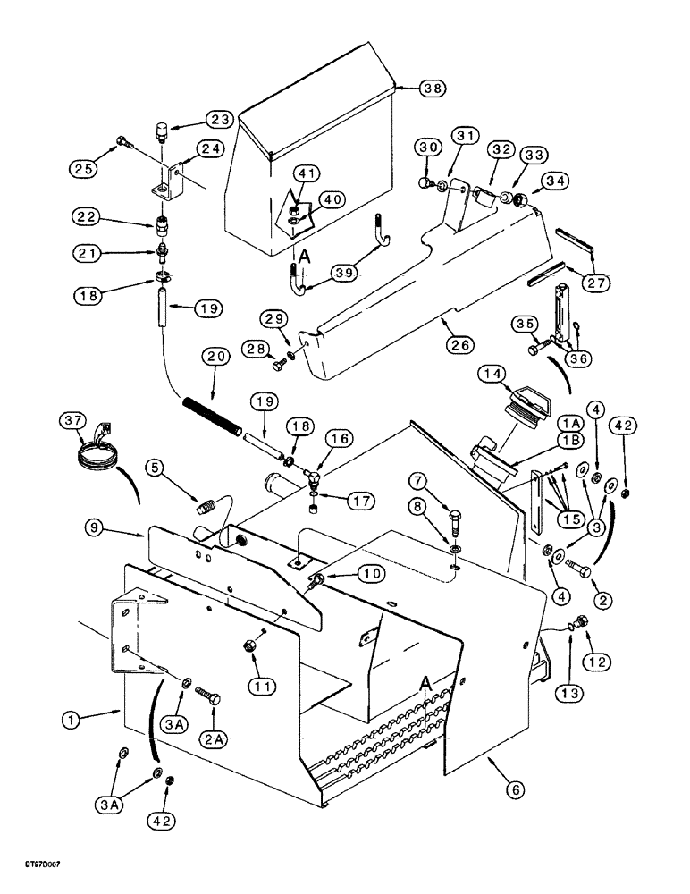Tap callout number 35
[x=525, y=323]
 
